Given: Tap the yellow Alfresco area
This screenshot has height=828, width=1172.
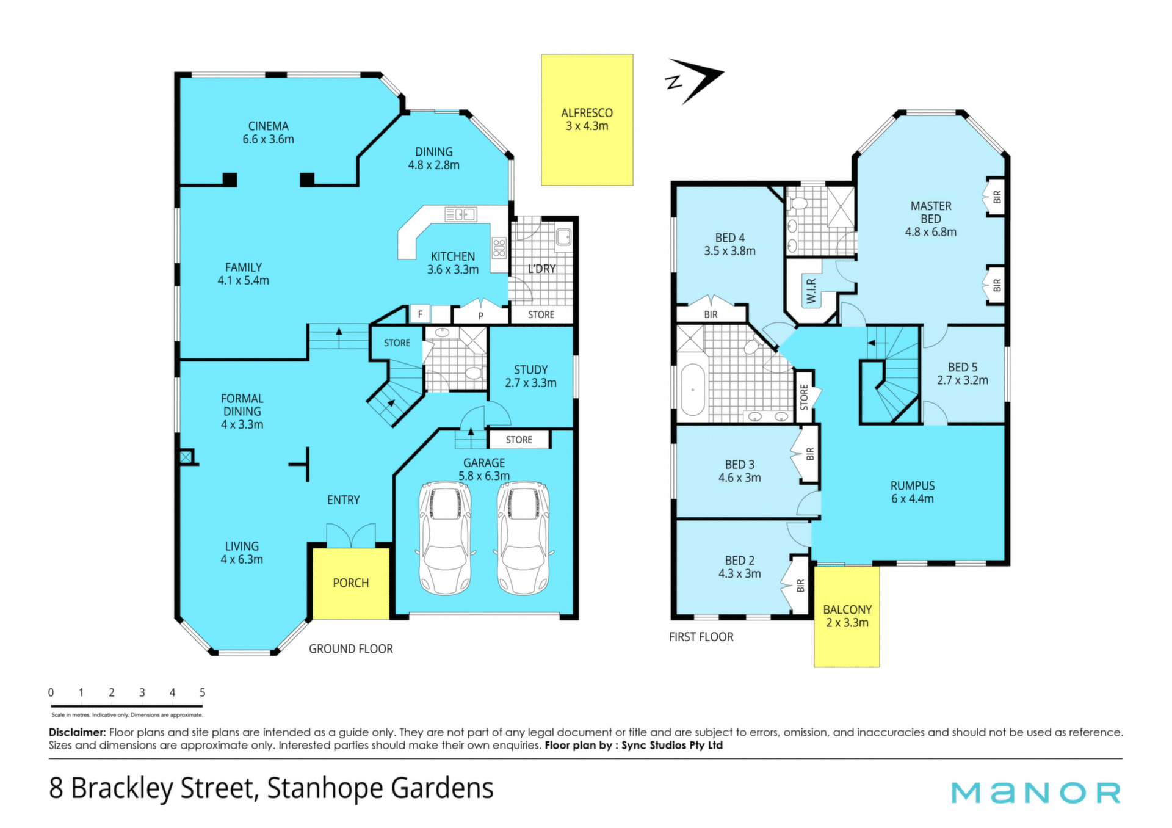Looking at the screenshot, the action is (x=587, y=120).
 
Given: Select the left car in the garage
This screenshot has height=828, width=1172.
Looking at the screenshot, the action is (x=444, y=538).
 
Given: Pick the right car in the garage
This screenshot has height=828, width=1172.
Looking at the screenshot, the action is (x=523, y=538).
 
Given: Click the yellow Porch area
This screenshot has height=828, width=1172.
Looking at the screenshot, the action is (x=351, y=583).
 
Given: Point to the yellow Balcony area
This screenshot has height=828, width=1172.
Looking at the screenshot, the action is (x=847, y=616).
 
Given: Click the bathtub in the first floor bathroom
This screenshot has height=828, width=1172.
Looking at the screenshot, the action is (x=692, y=390).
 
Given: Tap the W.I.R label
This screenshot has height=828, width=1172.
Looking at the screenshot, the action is (x=811, y=291).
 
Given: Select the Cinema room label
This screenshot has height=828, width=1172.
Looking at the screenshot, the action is (x=268, y=133).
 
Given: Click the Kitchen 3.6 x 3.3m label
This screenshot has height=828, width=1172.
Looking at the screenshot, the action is (x=452, y=263).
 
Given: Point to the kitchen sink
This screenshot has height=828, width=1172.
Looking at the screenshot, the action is (x=461, y=214).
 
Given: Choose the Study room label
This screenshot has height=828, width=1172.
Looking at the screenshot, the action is (x=530, y=376).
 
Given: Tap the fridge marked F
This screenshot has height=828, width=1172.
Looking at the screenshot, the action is (x=420, y=314).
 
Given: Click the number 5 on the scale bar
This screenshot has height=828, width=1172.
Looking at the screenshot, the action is (x=202, y=692).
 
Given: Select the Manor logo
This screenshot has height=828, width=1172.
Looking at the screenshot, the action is (x=1036, y=793).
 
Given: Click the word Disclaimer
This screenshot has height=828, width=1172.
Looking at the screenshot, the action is (x=78, y=732).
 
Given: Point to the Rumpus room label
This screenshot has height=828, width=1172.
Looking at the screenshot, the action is (x=912, y=492).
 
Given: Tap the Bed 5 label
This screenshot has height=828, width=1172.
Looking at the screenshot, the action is (x=963, y=374).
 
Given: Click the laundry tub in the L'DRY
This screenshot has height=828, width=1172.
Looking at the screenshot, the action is (x=563, y=237).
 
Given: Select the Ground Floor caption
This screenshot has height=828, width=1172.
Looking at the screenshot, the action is (x=351, y=648).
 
